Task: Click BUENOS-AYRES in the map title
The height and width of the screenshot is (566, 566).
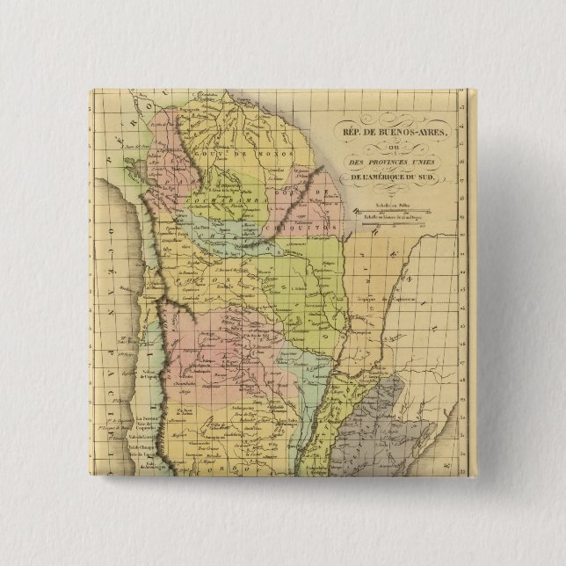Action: [x=416, y=133]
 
